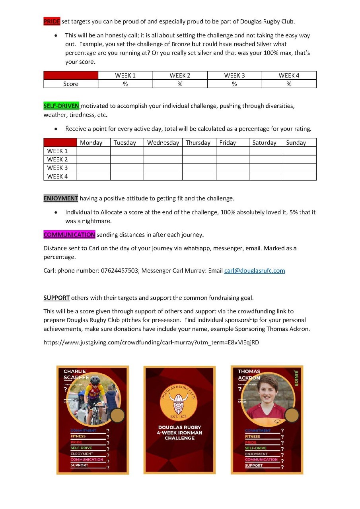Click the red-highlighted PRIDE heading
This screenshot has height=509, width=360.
(x=52, y=21)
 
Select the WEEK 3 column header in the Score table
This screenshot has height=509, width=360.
(x=234, y=76)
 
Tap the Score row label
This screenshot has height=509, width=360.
(x=71, y=84)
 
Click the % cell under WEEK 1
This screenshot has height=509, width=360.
(x=125, y=84)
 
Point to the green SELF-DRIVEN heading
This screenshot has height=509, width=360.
(x=62, y=106)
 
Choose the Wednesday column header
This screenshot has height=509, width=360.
(x=163, y=143)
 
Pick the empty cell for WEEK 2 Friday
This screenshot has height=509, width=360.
(x=233, y=159)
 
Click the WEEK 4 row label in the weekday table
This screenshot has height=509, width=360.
(x=58, y=176)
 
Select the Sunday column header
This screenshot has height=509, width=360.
(x=296, y=143)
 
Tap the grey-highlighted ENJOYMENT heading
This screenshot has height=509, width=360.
(x=61, y=198)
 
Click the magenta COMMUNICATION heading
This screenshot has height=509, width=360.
(x=69, y=235)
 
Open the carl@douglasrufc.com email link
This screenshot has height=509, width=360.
(x=255, y=271)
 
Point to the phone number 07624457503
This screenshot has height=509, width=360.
(x=119, y=271)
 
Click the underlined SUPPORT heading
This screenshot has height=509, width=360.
(x=56, y=298)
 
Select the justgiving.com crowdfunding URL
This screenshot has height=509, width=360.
(x=151, y=342)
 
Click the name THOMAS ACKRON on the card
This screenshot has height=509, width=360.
(x=249, y=375)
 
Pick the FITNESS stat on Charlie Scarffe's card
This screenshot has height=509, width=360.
(x=78, y=436)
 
